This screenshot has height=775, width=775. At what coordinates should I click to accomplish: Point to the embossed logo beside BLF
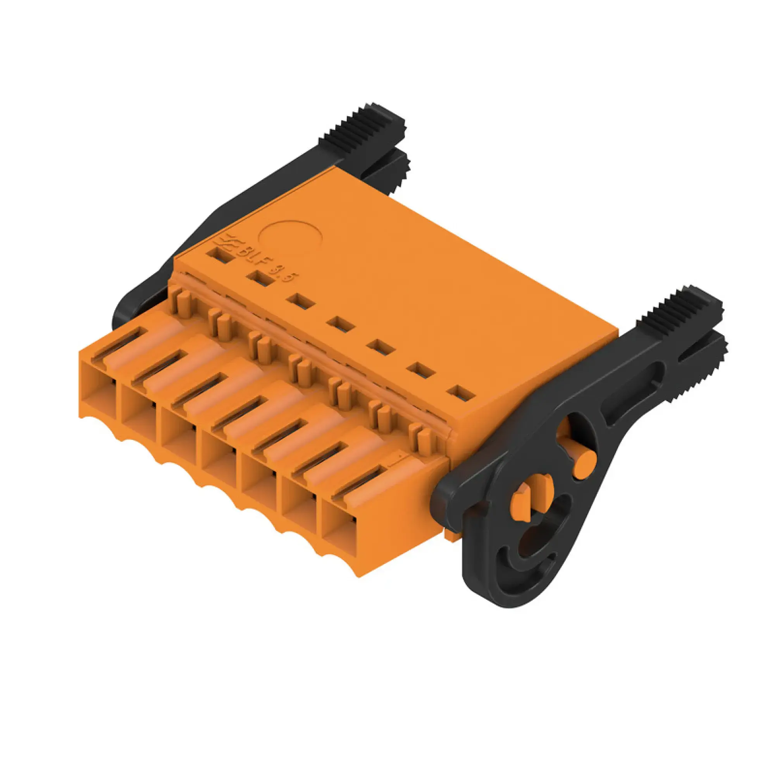pos(228,243)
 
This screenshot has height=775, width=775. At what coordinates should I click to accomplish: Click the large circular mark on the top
pos(290,240)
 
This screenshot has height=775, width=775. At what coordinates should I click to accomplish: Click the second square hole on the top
pos(260,277)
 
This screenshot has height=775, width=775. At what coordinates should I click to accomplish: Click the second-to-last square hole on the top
pos(421,370)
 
